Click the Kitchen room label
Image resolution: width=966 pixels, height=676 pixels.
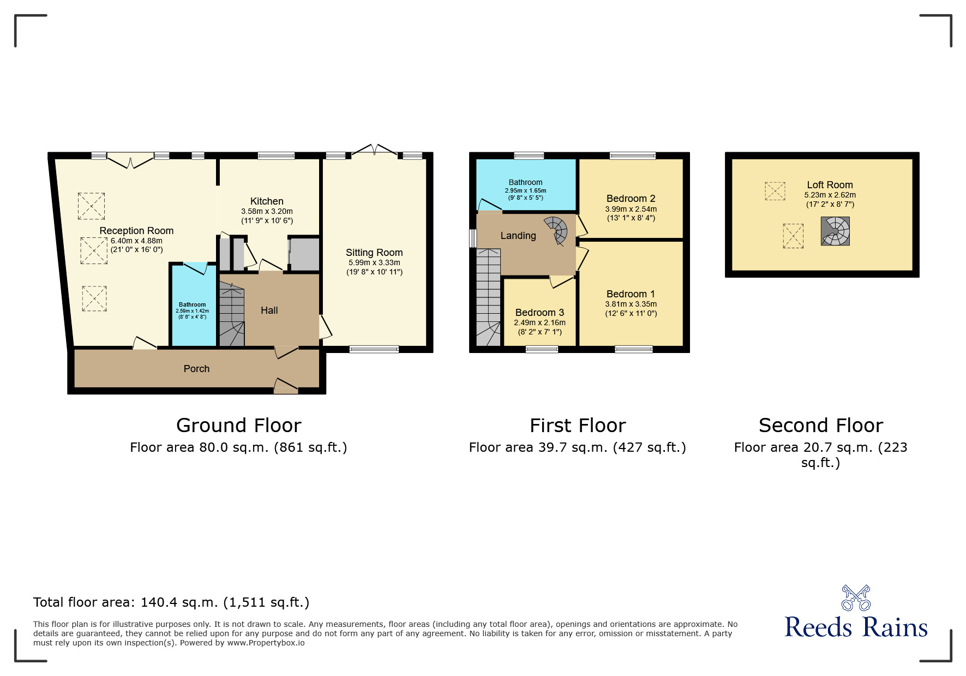pyautogui.click(x=267, y=201)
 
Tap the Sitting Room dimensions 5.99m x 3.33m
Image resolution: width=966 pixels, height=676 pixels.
pyautogui.click(x=374, y=262)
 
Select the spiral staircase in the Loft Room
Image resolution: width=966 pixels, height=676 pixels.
pyautogui.click(x=835, y=231)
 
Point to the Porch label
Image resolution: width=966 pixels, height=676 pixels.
pyautogui.click(x=196, y=369)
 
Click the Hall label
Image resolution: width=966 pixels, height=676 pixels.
pyautogui.click(x=269, y=310)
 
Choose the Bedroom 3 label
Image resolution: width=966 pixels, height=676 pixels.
pyautogui.click(x=539, y=313)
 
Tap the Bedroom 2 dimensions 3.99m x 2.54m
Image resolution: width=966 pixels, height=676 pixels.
pyautogui.click(x=631, y=209)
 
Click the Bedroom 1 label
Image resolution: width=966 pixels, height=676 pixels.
pyautogui.click(x=631, y=294)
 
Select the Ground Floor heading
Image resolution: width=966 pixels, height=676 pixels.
pyautogui.click(x=238, y=426)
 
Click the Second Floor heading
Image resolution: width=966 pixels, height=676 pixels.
pyautogui.click(x=820, y=426)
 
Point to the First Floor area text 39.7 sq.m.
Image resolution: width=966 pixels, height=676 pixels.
pyautogui.click(x=577, y=448)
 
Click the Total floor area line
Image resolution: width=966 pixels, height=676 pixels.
pyautogui.click(x=171, y=602)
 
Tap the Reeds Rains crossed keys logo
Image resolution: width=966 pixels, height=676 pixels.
pyautogui.click(x=856, y=598)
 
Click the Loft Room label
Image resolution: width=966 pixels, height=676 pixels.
pyautogui.click(x=830, y=185)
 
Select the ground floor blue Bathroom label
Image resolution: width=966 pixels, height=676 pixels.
pyautogui.click(x=192, y=305)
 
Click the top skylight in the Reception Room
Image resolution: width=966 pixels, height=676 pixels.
pyautogui.click(x=91, y=206)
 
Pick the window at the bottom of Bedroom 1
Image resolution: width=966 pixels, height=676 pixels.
pyautogui.click(x=633, y=349)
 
